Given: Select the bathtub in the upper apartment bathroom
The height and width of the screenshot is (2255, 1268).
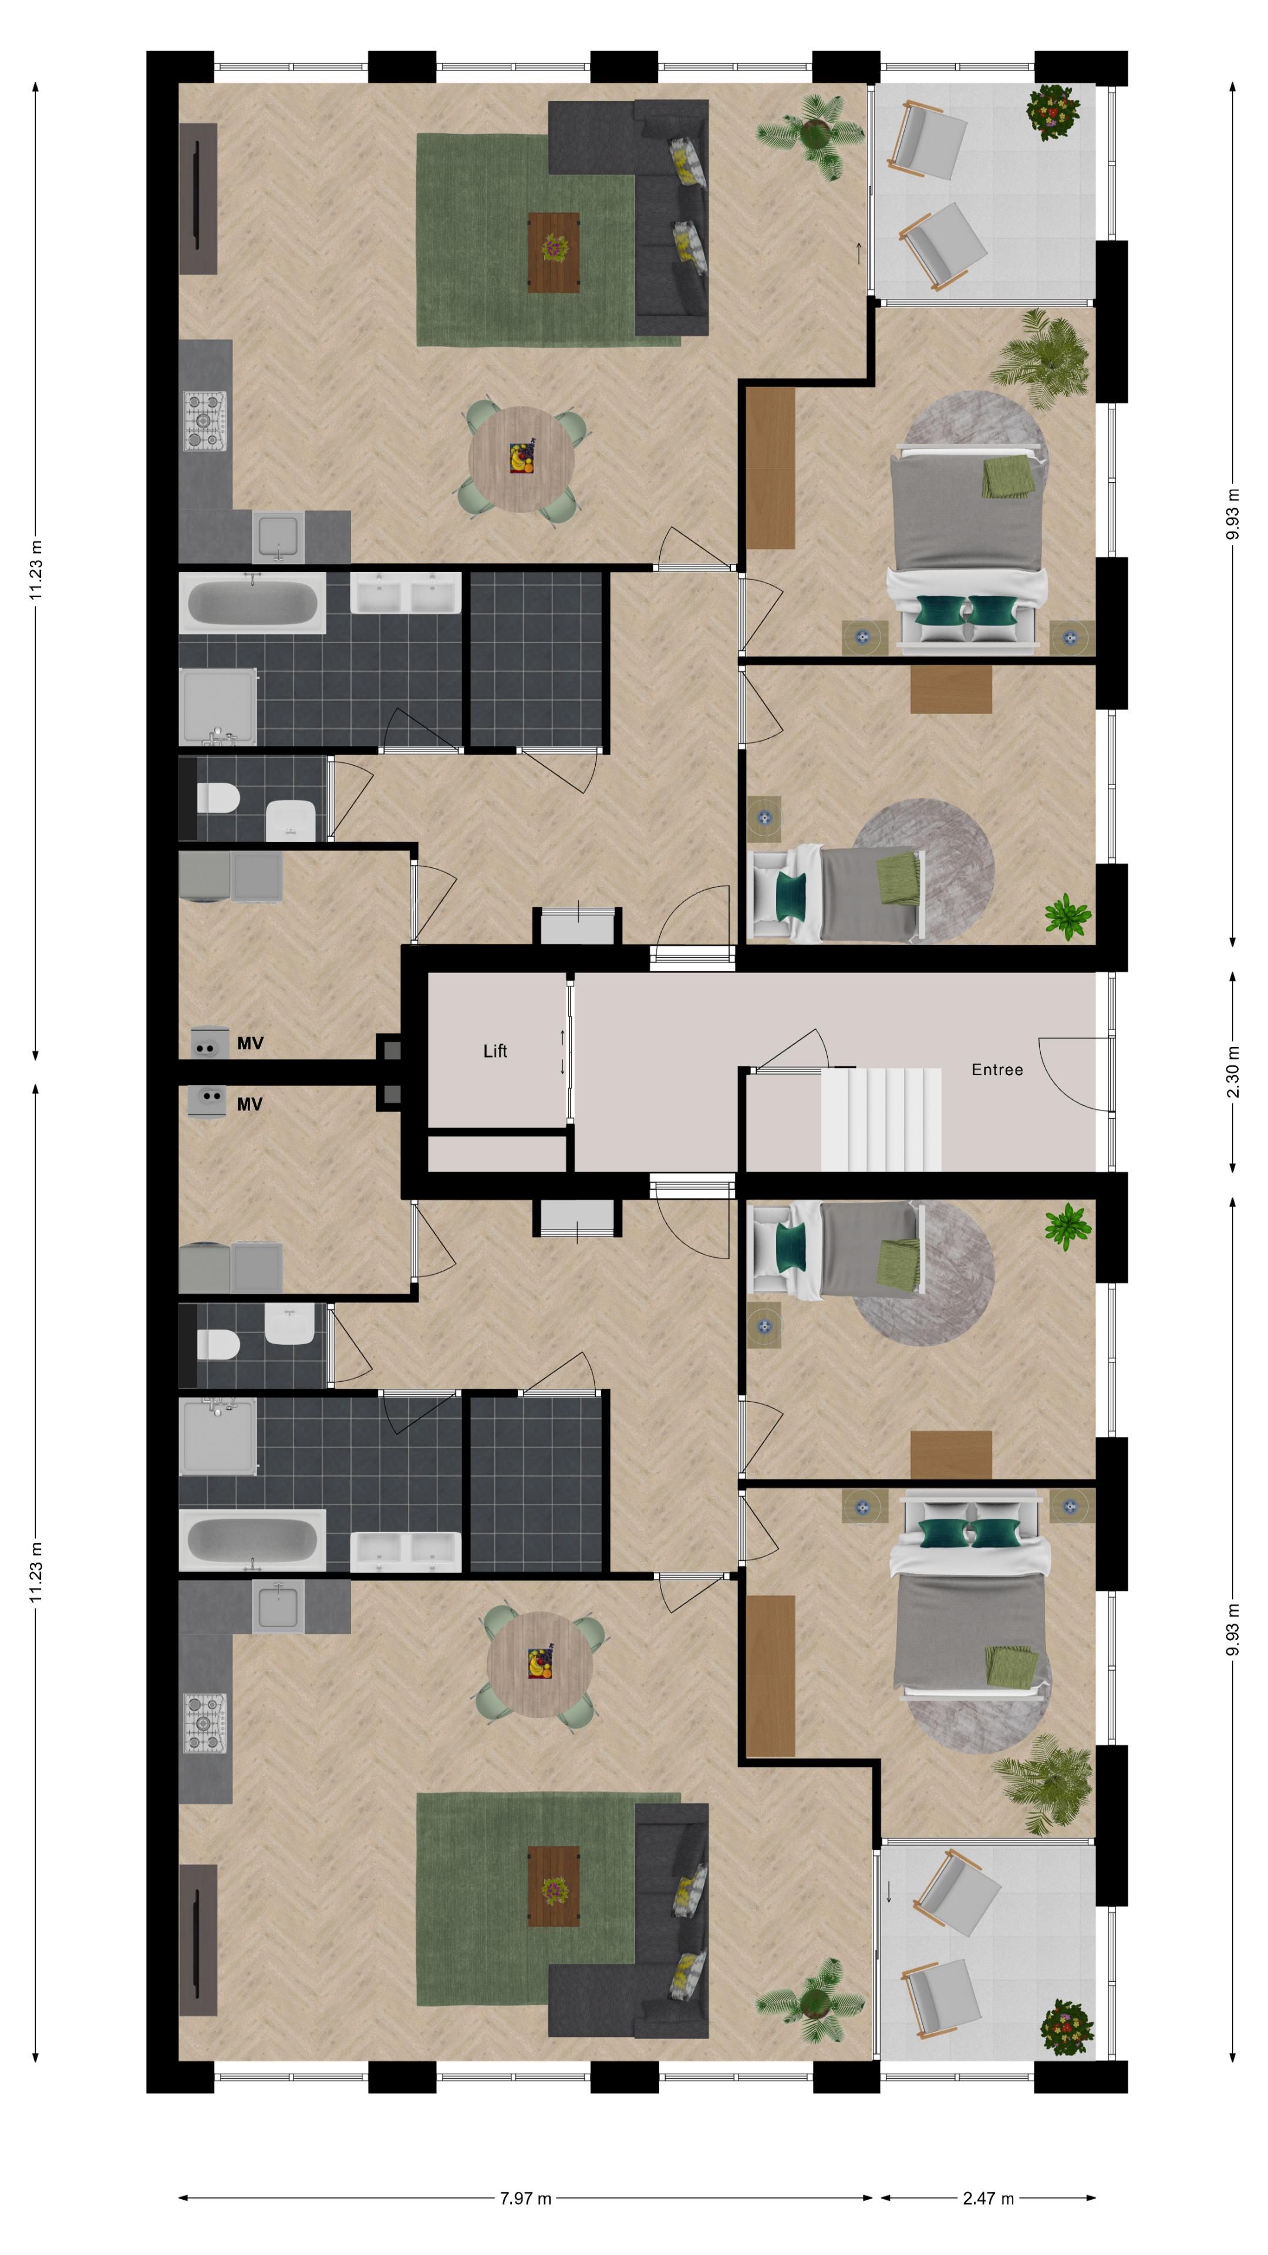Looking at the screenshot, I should pos(252,603).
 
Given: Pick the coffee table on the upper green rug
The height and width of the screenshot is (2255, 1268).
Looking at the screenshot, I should pos(553,252).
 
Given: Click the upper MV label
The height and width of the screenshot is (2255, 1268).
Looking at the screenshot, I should pos(249,1044).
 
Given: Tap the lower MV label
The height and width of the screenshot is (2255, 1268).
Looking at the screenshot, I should pos(249,1105).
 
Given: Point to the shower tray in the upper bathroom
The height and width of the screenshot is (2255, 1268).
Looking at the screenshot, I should pos(217,705).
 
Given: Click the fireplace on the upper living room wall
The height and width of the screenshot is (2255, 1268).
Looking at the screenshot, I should pos(198,198).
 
